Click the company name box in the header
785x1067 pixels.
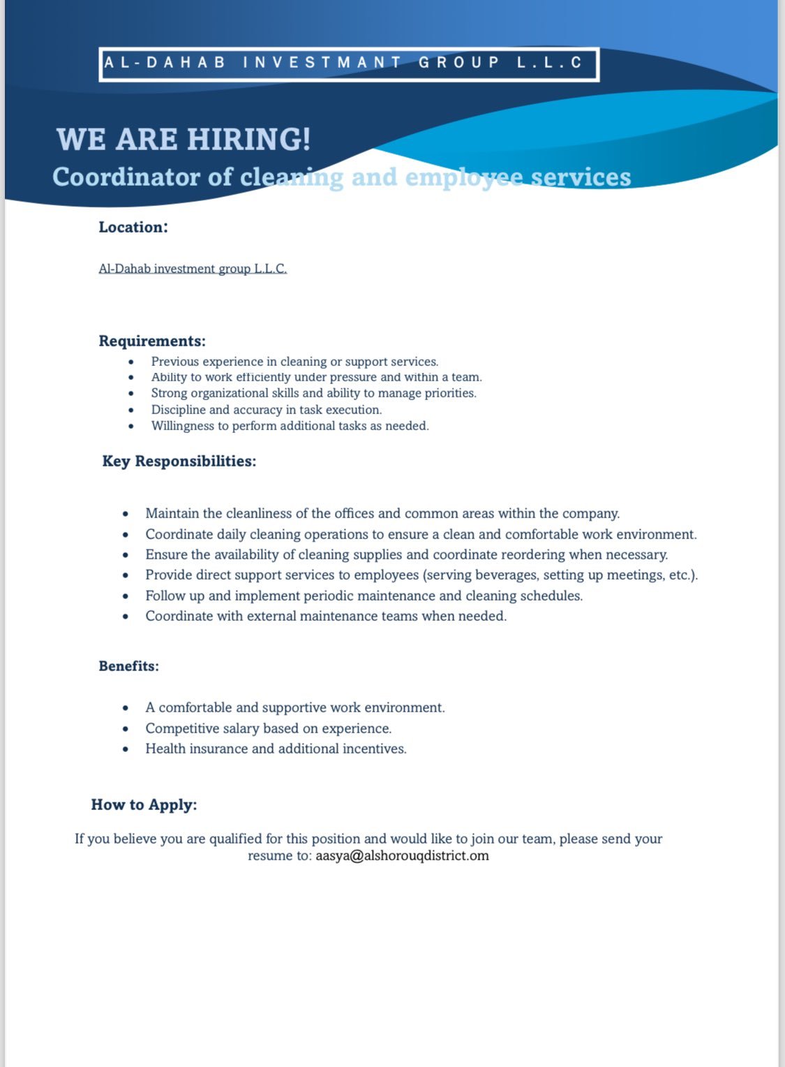349,64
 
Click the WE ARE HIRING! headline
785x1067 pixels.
184,139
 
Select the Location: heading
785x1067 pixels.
133,227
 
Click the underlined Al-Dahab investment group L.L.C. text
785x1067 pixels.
193,269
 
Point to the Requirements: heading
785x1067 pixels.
152,341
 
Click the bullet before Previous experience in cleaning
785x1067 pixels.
131,362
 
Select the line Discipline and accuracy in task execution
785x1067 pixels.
266,410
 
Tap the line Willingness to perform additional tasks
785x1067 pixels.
290,426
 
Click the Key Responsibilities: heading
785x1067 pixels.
179,462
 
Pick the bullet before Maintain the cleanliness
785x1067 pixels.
126,514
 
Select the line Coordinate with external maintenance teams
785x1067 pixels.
326,617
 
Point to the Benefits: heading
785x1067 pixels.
129,666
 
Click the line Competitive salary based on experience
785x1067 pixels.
268,728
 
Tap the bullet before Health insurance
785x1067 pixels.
126,749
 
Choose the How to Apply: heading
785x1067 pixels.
144,804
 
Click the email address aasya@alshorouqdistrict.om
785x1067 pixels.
402,856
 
